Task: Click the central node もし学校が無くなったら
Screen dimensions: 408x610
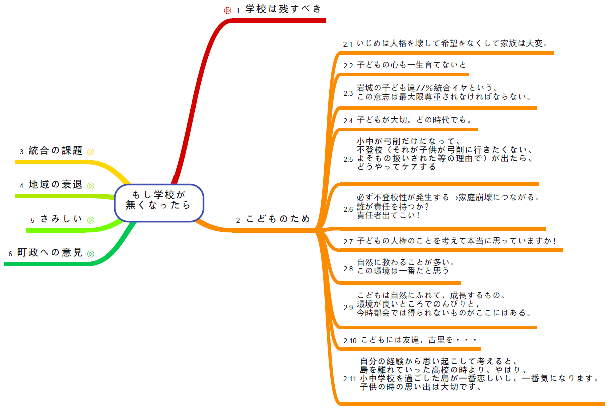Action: tap(159, 200)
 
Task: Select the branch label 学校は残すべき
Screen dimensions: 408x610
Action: tap(283, 9)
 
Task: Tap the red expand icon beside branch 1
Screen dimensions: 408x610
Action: tap(227, 10)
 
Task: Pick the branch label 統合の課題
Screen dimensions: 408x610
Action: tap(55, 150)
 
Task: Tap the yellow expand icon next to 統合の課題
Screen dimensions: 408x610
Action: tap(91, 152)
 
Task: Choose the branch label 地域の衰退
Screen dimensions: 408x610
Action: tap(55, 184)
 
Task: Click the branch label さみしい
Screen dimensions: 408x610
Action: tap(61, 219)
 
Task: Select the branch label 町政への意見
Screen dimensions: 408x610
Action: tap(49, 253)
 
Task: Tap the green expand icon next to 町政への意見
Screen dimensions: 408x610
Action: tap(91, 254)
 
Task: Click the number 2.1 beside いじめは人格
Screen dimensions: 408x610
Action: tap(348, 44)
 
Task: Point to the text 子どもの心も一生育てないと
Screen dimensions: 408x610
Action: tap(411, 65)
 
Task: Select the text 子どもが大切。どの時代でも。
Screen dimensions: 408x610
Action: tap(414, 120)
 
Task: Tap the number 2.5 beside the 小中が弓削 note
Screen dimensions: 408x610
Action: tap(348, 159)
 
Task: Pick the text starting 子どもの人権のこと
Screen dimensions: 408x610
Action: tap(457, 241)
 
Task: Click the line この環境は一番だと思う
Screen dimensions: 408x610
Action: tap(402, 270)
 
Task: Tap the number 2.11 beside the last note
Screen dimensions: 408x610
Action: tap(350, 378)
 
